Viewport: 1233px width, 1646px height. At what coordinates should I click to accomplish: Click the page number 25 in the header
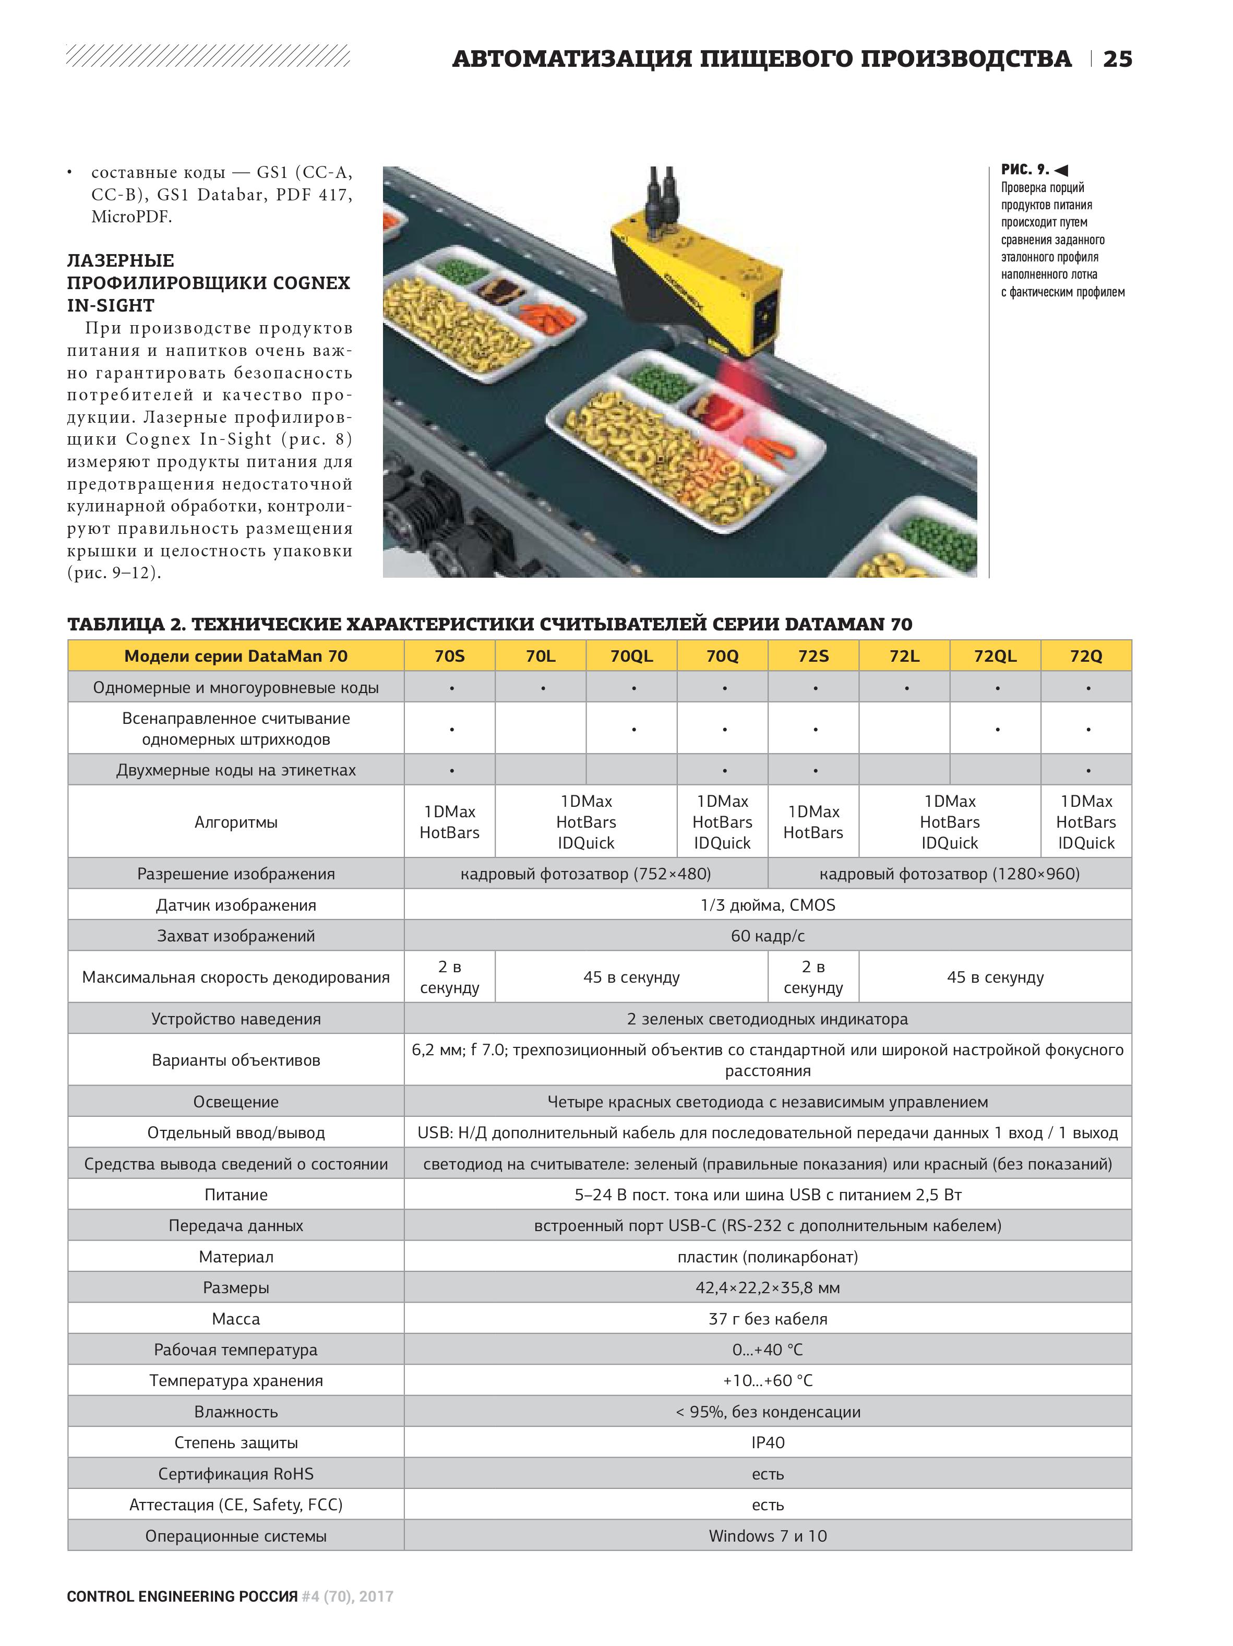(1117, 59)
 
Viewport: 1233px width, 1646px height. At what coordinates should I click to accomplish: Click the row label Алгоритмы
(236, 822)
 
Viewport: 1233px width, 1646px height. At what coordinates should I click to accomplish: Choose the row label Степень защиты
(236, 1442)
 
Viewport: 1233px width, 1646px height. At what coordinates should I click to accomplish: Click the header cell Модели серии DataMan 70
(236, 655)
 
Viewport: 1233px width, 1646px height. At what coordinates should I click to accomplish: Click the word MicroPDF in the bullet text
(131, 217)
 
